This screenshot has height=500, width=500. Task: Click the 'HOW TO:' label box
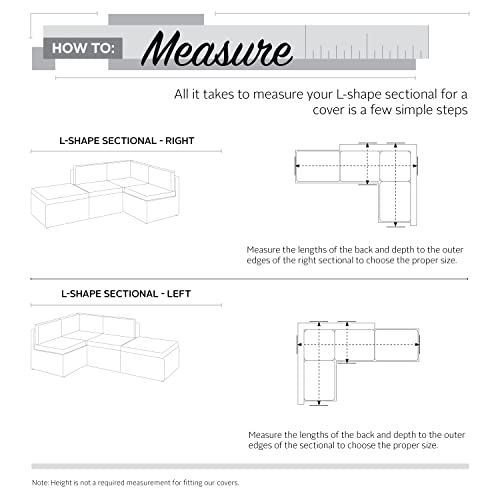pyautogui.click(x=83, y=48)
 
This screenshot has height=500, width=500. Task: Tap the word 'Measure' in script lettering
pyautogui.click(x=217, y=49)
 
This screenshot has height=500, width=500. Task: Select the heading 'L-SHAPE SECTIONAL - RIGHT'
pyautogui.click(x=127, y=141)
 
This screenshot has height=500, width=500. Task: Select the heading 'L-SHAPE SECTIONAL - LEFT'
pyautogui.click(x=126, y=294)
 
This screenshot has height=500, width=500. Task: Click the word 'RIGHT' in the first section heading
pyautogui.click(x=180, y=141)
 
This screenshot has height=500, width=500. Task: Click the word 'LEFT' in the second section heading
pyautogui.click(x=179, y=294)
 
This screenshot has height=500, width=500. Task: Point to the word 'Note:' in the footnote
pyautogui.click(x=40, y=483)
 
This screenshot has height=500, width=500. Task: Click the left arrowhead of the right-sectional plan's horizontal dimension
pyautogui.click(x=297, y=165)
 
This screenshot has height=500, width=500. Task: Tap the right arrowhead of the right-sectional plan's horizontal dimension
pyautogui.click(x=415, y=165)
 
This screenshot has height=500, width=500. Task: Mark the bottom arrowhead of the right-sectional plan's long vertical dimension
pyautogui.click(x=396, y=224)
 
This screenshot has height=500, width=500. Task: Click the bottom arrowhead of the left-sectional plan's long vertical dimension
pyautogui.click(x=319, y=402)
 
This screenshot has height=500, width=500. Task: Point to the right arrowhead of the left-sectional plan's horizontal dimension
pyautogui.click(x=417, y=345)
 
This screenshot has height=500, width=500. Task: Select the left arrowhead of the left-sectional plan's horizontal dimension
pyautogui.click(x=299, y=345)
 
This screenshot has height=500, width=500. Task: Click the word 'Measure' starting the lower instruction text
pyautogui.click(x=265, y=435)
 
